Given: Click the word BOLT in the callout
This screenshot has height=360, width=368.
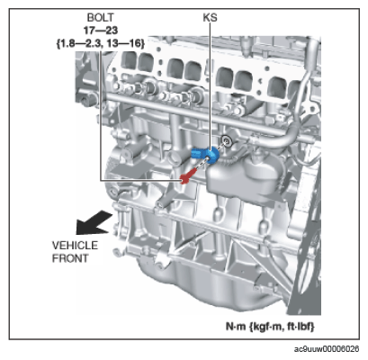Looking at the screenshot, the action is pyautogui.click(x=101, y=17).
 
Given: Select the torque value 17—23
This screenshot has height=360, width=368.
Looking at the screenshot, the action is pyautogui.click(x=101, y=31).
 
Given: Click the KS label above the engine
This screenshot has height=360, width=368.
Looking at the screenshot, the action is pyautogui.click(x=210, y=17).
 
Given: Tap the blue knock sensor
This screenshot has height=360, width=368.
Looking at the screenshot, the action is pyautogui.click(x=206, y=155).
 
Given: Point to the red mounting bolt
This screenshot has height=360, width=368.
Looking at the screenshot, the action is pyautogui.click(x=188, y=175).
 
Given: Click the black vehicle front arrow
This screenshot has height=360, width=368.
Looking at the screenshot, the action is pyautogui.click(x=94, y=222).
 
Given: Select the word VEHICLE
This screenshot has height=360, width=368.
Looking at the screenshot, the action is pyautogui.click(x=75, y=246).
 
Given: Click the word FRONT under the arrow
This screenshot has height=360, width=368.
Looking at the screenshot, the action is pyautogui.click(x=70, y=258).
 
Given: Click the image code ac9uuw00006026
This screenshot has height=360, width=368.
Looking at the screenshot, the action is pyautogui.click(x=327, y=349).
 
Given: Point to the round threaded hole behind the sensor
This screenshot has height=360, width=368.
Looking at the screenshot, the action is pyautogui.click(x=226, y=139).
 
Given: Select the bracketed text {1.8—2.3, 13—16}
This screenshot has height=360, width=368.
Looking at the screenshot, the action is pyautogui.click(x=101, y=43).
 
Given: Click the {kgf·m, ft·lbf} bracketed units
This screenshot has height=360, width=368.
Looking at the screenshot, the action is pyautogui.click(x=282, y=326).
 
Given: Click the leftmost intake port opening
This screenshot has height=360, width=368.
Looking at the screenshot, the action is pyautogui.click(x=129, y=60).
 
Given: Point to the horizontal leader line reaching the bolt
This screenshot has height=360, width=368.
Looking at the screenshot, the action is pyautogui.click(x=141, y=180).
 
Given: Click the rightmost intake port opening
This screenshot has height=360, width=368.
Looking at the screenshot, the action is pyautogui.click(x=277, y=87).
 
